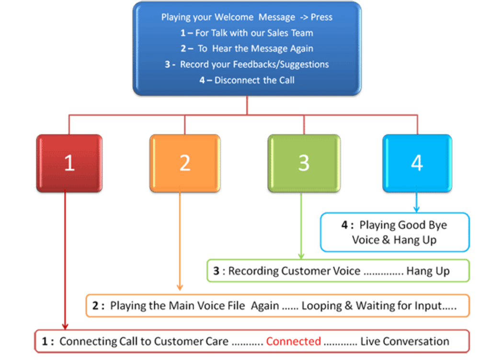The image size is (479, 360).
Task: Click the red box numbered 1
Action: coord(69,163)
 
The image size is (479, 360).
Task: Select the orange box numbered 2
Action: coord(185,163)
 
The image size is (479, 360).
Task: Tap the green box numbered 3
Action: coord(304,163)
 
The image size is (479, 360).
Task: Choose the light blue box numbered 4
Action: coord(417,163)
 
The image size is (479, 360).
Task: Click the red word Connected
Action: coord(294,341)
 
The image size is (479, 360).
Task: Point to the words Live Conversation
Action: coord(405,341)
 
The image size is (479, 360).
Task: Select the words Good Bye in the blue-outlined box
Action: coord(416,225)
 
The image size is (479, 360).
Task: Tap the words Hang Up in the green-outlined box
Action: coord(428,271)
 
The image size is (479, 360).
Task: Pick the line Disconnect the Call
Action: coord(254,80)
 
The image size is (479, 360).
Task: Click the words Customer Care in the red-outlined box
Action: coord(198,341)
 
